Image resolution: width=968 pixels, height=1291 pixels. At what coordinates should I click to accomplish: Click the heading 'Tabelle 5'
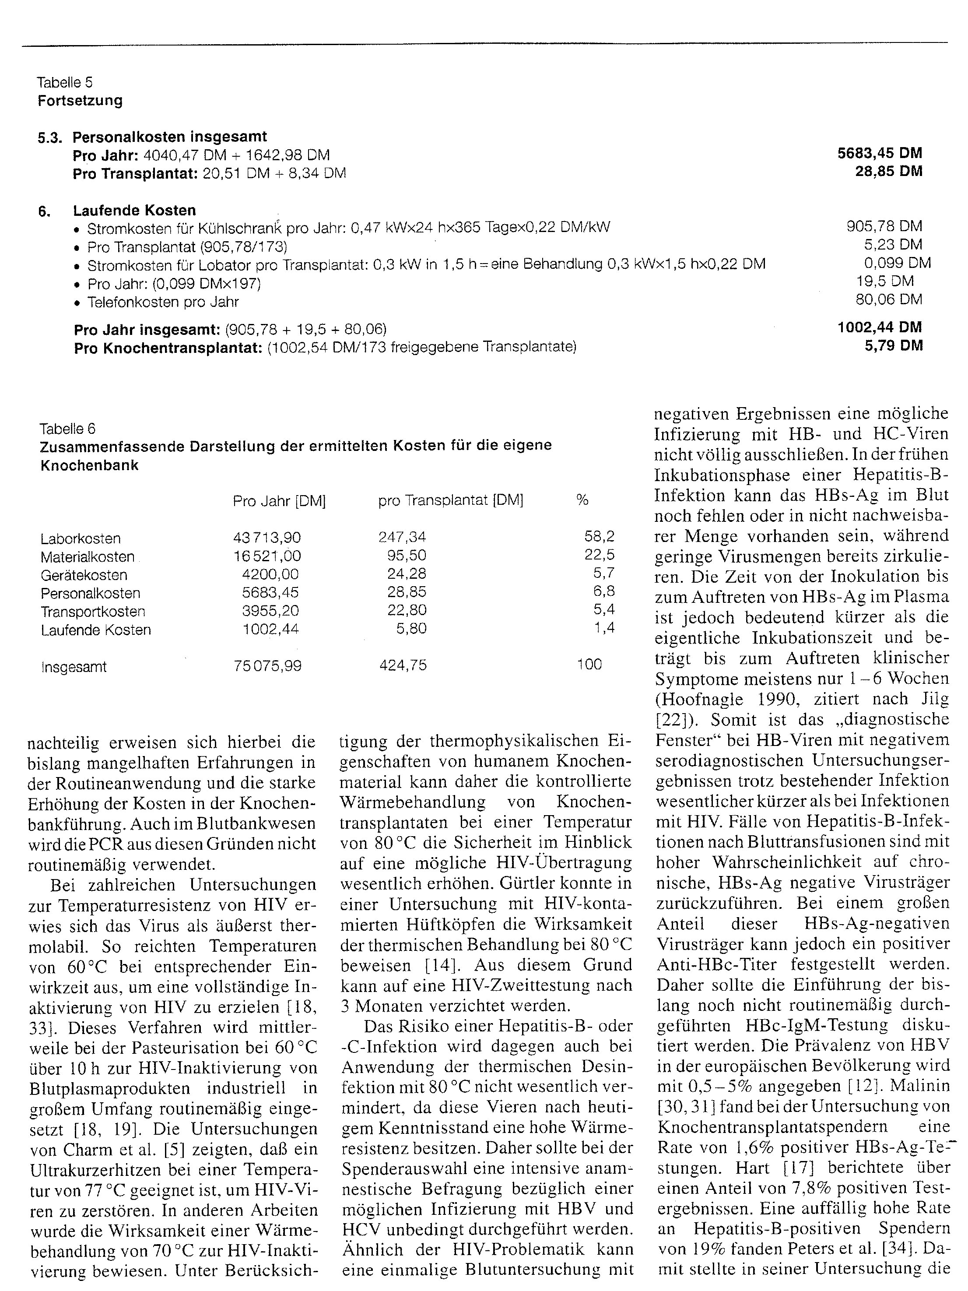(x=64, y=82)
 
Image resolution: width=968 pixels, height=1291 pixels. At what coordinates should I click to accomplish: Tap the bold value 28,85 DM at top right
(x=889, y=172)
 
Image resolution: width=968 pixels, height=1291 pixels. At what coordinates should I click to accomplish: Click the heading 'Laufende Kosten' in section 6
(x=134, y=210)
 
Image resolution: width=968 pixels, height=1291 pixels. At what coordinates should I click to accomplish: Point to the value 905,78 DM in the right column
(x=884, y=226)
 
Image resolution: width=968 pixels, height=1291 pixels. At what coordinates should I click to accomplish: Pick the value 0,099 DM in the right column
(x=898, y=263)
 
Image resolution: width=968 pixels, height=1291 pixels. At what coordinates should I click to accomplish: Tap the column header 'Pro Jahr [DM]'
(x=279, y=501)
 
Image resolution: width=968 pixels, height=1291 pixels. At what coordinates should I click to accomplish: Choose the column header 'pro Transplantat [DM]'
(x=450, y=501)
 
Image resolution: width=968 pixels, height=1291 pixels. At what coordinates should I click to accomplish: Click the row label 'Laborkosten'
(x=81, y=538)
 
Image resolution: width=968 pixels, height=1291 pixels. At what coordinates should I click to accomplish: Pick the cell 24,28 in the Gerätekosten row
(x=407, y=574)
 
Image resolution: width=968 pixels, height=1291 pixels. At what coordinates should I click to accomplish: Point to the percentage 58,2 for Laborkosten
(x=599, y=536)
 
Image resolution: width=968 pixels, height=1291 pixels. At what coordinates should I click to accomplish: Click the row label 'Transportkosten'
(x=93, y=612)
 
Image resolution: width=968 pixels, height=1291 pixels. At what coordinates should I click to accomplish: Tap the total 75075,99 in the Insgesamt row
(x=267, y=666)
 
